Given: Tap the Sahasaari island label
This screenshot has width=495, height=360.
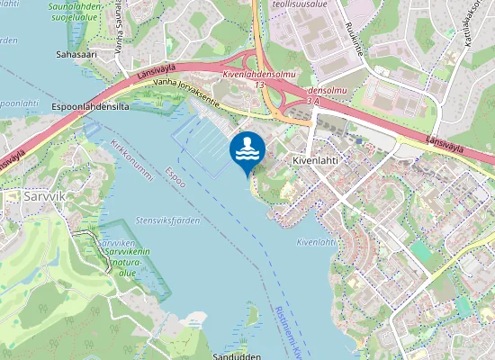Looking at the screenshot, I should (x=76, y=54).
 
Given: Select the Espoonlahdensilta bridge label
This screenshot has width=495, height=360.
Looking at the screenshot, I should (x=92, y=106).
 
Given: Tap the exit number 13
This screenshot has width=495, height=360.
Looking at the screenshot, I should (x=259, y=84).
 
